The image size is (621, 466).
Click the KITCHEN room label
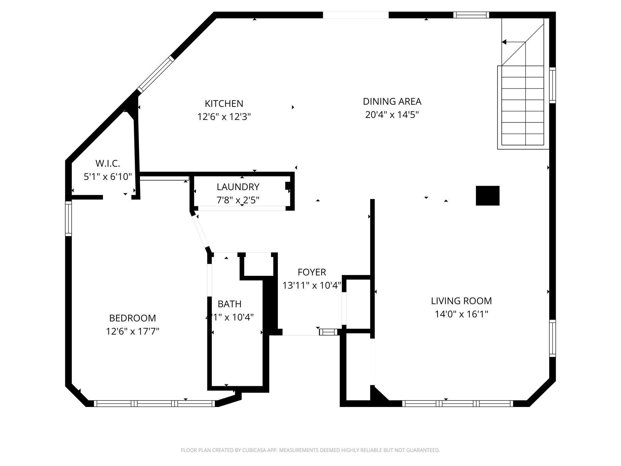point(224,103)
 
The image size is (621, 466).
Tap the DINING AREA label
point(392,101)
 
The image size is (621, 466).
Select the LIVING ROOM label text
point(461,301)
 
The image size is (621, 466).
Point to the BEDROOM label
point(133,318)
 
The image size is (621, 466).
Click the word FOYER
point(312,272)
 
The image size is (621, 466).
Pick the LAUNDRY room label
point(238,187)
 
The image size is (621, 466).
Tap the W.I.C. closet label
point(108,163)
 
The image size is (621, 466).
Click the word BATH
point(229,304)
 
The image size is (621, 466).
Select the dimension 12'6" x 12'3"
point(224,117)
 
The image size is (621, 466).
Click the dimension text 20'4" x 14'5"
point(392,115)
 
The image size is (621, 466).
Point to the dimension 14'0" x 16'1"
point(461,314)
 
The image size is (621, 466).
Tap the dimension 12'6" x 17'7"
point(133,331)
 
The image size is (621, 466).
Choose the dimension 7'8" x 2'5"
point(238,200)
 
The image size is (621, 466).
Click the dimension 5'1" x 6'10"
point(108,176)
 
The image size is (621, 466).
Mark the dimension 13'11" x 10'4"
point(312,285)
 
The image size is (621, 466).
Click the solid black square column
point(487,196)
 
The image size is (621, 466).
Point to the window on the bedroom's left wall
point(68,218)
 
